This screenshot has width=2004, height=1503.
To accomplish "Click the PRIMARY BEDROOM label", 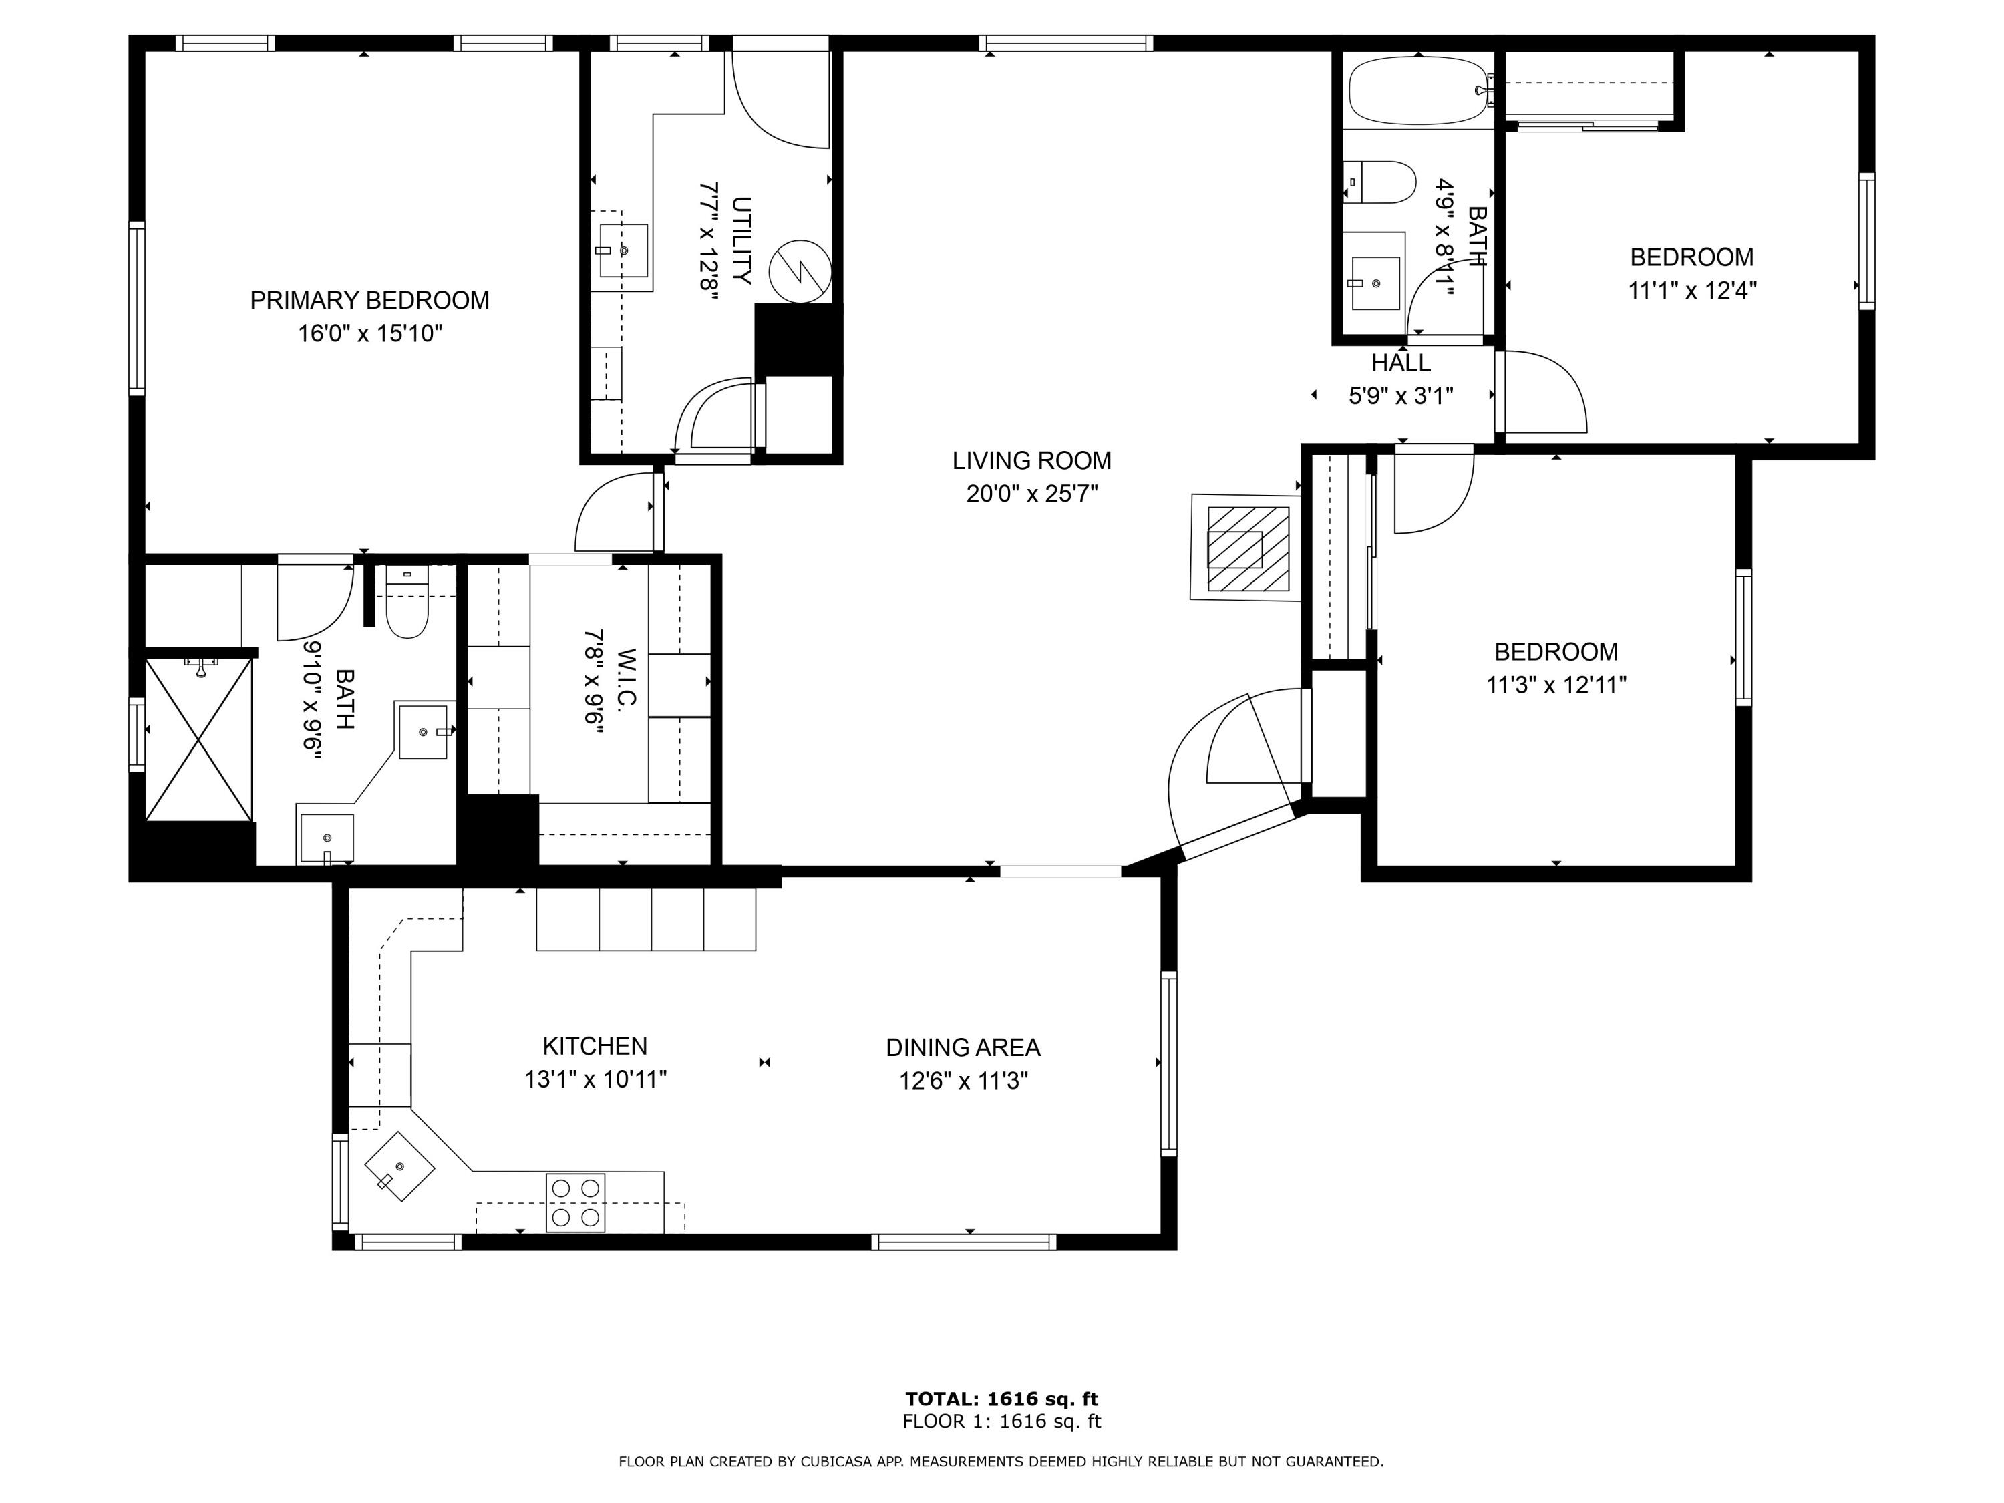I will tap(369, 300).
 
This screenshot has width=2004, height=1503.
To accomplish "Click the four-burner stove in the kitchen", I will tap(575, 1202).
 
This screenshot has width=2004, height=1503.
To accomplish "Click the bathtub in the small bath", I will tap(1419, 91).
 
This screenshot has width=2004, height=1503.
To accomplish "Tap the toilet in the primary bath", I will tap(407, 605).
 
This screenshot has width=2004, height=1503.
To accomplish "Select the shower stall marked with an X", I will tap(198, 740).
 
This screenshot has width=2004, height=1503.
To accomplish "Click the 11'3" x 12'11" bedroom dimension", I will tap(1556, 685).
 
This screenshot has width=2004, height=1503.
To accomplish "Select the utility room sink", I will tap(623, 250).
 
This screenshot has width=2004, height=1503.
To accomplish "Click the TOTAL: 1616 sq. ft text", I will tap(1001, 1399).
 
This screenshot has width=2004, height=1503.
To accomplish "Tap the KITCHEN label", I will tap(595, 1045).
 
